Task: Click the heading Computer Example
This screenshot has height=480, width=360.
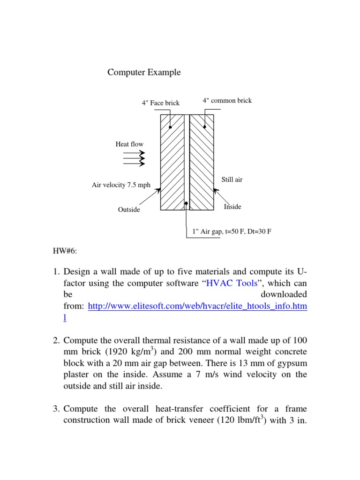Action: (144, 72)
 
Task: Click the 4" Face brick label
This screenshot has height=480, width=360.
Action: (160, 103)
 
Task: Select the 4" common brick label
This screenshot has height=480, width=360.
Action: (227, 100)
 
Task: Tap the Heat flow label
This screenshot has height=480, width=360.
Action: (129, 144)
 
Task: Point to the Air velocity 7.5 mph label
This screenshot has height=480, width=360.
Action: (121, 185)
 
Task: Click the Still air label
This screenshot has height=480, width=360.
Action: (232, 180)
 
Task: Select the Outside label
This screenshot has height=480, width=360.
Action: (129, 210)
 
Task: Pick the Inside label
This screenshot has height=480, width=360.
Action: (232, 206)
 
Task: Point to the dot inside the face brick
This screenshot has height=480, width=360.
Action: (171, 127)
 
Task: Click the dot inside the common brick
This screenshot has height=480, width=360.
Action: (205, 127)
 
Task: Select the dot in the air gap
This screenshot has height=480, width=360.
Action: (187, 203)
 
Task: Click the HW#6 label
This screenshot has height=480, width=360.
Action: (65, 251)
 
